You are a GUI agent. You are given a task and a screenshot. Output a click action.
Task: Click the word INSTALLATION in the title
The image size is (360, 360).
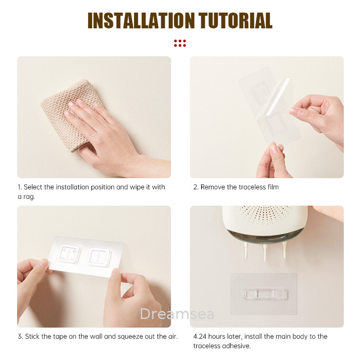click(x=141, y=20)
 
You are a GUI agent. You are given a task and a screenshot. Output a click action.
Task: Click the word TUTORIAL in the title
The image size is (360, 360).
click(x=235, y=20)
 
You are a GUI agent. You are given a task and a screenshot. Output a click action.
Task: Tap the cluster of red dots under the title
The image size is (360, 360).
click(x=180, y=43)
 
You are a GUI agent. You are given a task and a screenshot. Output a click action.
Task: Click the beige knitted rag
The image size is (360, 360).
click(x=69, y=110)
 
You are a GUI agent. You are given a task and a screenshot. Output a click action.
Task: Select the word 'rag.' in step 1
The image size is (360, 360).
click(x=29, y=197)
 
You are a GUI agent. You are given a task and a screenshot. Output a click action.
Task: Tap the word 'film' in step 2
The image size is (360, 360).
click(x=273, y=187)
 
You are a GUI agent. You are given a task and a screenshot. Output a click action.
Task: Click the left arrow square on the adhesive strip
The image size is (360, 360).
click(x=69, y=254)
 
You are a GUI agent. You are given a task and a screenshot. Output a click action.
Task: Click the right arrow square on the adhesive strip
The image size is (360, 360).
click(x=99, y=257)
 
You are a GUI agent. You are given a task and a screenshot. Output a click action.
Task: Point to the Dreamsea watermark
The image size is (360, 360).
click(x=177, y=314)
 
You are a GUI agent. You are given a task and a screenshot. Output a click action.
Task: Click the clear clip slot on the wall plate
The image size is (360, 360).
click(x=265, y=294)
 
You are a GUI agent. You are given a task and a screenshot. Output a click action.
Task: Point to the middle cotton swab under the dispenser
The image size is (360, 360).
click(x=265, y=252)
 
